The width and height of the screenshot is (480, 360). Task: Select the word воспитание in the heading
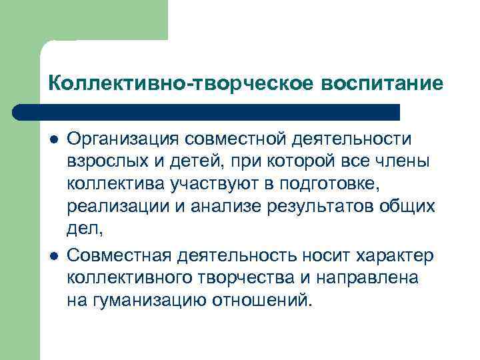(x=382, y=83)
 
